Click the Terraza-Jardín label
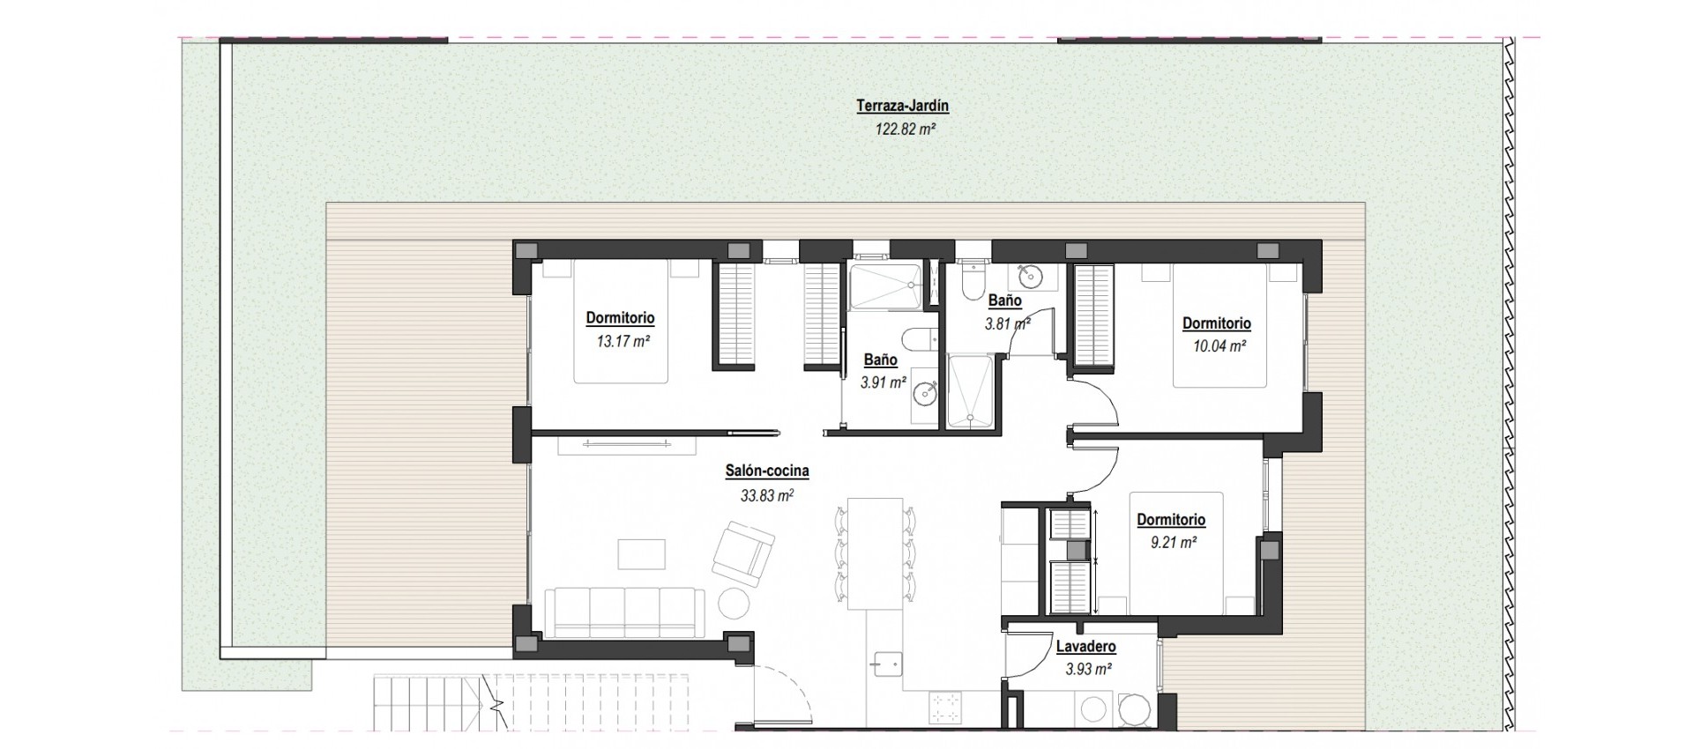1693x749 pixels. [890, 107]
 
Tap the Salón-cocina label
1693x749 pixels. [766, 471]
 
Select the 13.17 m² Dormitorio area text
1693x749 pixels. [623, 341]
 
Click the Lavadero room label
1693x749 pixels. [1085, 647]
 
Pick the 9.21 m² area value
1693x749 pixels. [1173, 543]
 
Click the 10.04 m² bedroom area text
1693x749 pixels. [1219, 346]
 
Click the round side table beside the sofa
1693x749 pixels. [734, 604]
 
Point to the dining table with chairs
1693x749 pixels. [874, 553]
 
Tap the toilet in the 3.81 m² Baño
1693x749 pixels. [972, 281]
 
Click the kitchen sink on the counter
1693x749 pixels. [884, 662]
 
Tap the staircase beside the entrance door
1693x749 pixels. [432, 702]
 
